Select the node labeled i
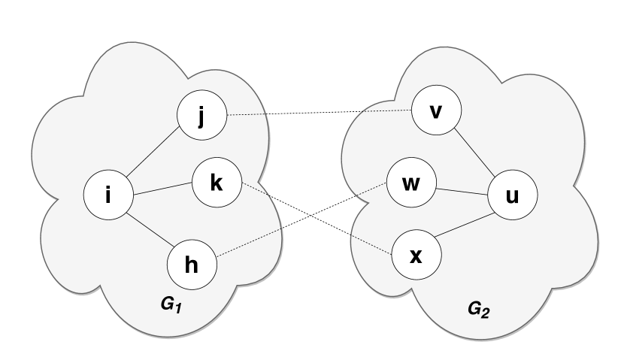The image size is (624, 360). tap(108, 196)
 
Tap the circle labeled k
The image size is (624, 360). tap(217, 183)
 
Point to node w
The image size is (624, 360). tap(410, 184)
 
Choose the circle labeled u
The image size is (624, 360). tap(512, 196)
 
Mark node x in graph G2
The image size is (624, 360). tap(416, 256)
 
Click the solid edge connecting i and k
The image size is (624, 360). tap(162, 189)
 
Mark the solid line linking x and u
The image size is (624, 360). tap(464, 225)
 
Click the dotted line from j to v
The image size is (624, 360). tap(319, 113)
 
